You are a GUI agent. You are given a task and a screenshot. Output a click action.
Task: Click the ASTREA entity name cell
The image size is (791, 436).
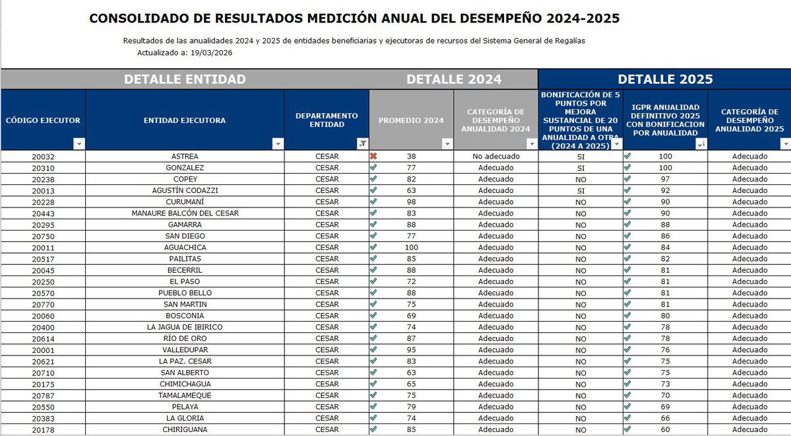click(185, 157)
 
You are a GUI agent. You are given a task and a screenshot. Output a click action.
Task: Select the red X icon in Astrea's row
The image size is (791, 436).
click(373, 157)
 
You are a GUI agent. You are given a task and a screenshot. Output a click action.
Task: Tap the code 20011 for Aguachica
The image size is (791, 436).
click(43, 247)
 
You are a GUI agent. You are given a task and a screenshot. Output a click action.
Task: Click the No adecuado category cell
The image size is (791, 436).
click(496, 157)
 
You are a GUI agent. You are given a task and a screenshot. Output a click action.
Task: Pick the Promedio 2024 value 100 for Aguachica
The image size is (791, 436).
click(412, 247)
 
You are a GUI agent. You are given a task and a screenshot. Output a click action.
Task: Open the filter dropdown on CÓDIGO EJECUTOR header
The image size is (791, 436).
click(79, 143)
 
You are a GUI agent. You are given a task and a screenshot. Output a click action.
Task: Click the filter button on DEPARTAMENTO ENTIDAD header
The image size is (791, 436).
click(362, 143)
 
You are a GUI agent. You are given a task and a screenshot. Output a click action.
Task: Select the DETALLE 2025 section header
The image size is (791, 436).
click(665, 79)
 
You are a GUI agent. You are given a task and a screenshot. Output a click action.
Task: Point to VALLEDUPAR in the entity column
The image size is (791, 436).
click(185, 349)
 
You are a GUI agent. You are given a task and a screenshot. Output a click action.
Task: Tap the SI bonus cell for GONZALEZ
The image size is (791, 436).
click(581, 168)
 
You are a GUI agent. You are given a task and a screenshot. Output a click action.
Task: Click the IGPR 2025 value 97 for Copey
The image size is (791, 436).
click(665, 179)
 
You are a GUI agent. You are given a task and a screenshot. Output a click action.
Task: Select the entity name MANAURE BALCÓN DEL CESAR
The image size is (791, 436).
click(185, 213)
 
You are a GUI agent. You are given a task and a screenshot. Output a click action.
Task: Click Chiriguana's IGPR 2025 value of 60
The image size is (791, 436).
click(665, 429)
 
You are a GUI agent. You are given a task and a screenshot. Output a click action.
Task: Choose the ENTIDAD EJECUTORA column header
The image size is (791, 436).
click(185, 120)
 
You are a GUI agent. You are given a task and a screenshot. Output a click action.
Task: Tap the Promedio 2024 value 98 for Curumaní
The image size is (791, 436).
click(412, 202)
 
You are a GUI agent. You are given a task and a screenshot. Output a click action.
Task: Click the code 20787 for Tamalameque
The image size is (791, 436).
click(43, 395)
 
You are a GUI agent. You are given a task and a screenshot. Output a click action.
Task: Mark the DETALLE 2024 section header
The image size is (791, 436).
click(454, 79)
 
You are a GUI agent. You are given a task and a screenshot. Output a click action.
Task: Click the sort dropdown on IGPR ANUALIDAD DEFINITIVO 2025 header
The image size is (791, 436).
click(701, 143)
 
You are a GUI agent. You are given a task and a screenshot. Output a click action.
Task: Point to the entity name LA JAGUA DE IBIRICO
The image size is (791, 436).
click(185, 327)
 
